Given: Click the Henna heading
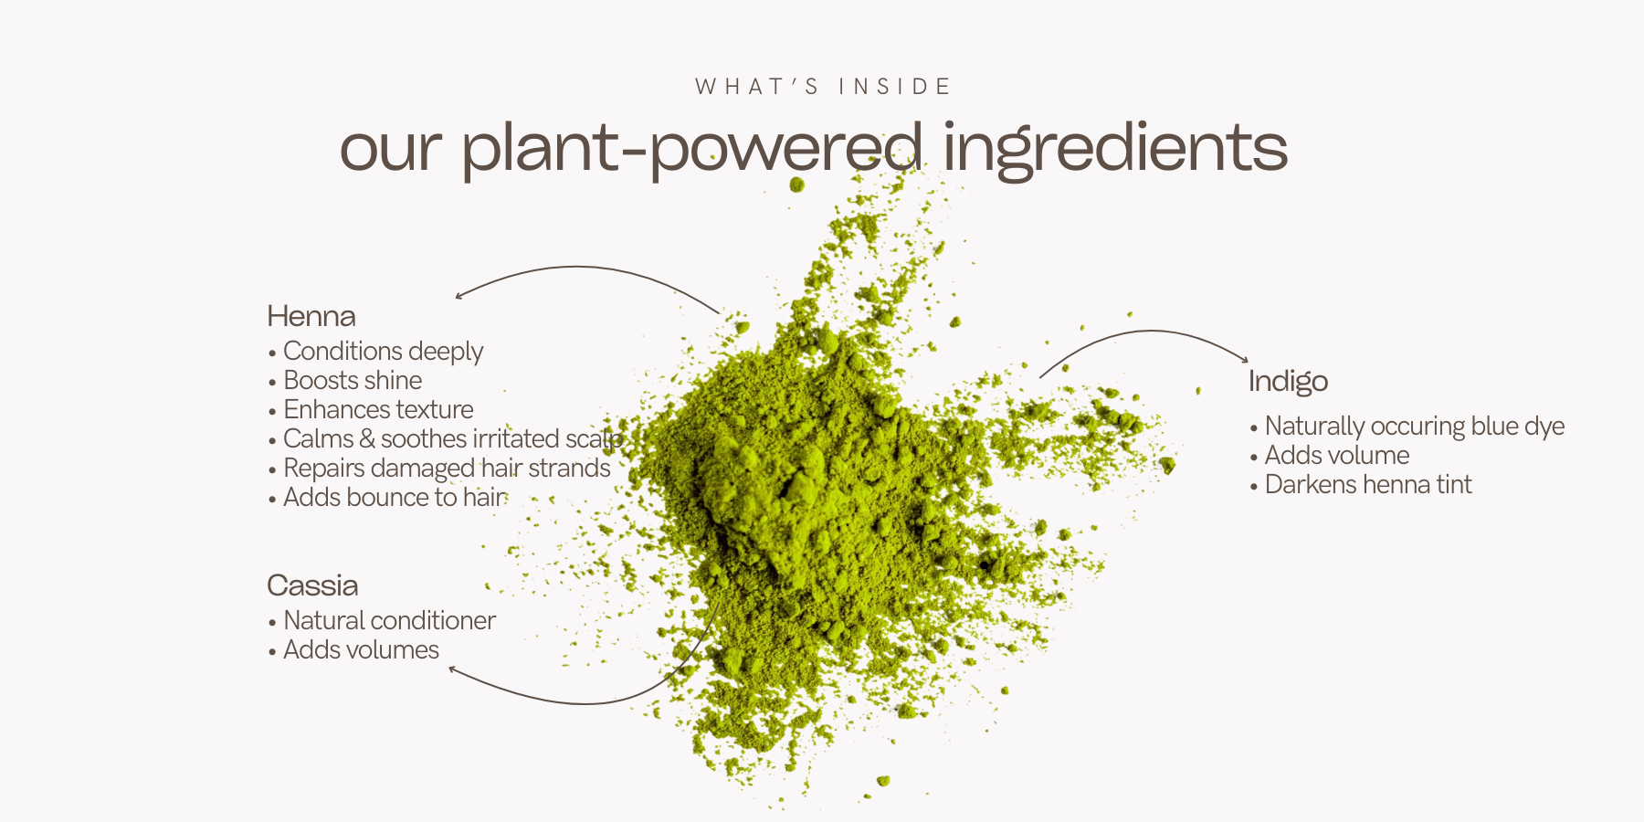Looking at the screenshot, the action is click(311, 316).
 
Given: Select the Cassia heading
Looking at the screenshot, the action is click(312, 585).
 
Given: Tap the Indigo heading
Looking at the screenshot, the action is click(1288, 382).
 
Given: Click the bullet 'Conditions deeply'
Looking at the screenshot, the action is click(383, 352).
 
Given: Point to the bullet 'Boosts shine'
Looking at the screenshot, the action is click(353, 380).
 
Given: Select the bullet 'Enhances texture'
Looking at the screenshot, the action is click(378, 409).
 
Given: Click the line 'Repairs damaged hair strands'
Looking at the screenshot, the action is click(447, 469).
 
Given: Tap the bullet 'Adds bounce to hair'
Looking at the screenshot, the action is click(395, 497).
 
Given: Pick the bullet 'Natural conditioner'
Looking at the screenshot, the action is click(389, 620).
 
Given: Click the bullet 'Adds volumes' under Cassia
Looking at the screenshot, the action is click(361, 649).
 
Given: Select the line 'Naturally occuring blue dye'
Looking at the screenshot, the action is click(1414, 427).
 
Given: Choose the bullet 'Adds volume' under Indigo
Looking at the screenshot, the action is click(1337, 455).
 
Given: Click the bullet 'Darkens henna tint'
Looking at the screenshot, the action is click(1368, 484).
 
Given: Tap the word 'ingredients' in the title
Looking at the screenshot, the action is click(1115, 149).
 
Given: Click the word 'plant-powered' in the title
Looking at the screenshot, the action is click(691, 149).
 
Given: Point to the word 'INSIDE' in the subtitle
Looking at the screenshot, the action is click(895, 87).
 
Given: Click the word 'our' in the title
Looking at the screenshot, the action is click(391, 151).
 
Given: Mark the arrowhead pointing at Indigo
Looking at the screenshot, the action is click(1244, 359).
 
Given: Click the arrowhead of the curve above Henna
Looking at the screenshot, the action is click(459, 295).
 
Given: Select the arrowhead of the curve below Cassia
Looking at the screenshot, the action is click(453, 670).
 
